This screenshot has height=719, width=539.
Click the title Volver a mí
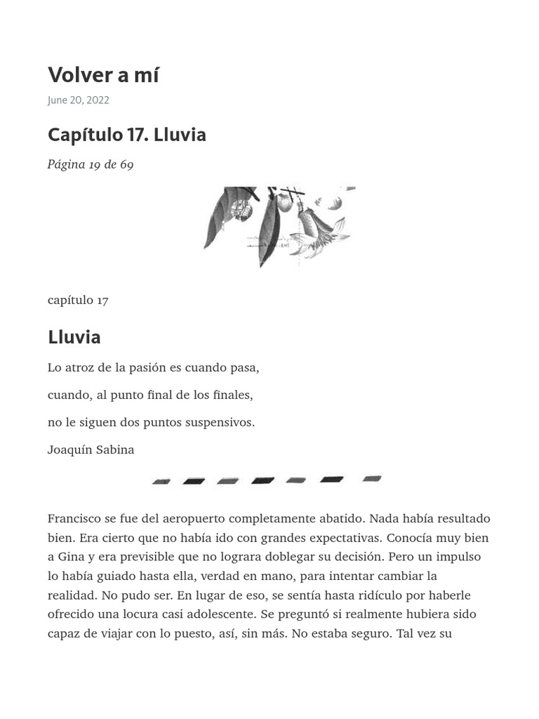tap(103, 74)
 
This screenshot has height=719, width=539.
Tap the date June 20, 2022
tap(78, 100)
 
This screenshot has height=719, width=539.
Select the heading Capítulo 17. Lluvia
tap(126, 134)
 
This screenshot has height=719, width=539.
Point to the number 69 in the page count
tap(126, 164)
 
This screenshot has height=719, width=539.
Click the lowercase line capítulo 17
tap(78, 300)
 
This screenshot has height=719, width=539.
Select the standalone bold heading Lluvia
tap(74, 337)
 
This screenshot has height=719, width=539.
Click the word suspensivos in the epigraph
tap(221, 422)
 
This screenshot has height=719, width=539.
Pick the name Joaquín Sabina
tap(91, 449)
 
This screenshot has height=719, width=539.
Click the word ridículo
tap(385, 595)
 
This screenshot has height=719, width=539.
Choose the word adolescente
tap(218, 614)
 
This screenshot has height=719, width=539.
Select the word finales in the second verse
tap(232, 395)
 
